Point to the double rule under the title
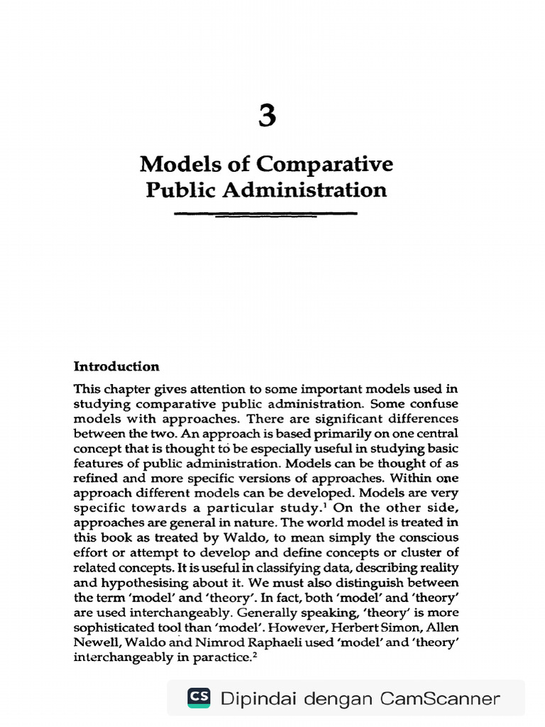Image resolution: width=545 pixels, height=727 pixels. [x=265, y=214]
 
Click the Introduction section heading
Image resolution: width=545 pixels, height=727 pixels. [x=116, y=366]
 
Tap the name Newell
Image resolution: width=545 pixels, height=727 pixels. [x=95, y=642]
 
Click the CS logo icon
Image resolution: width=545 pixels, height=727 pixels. [x=199, y=698]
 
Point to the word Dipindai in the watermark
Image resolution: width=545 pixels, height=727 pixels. [x=258, y=699]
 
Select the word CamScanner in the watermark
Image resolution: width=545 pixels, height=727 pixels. [x=439, y=699]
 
